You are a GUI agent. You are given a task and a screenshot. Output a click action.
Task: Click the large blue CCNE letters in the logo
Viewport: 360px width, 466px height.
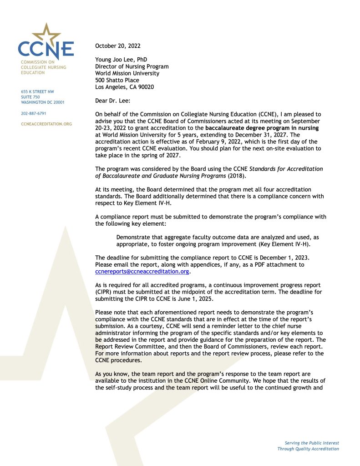(46, 49)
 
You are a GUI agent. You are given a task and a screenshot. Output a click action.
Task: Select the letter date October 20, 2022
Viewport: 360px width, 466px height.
(118, 46)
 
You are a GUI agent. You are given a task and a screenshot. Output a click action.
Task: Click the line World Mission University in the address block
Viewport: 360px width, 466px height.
(127, 73)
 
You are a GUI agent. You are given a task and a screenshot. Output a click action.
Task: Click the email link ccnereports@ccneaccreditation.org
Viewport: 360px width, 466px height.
(142, 272)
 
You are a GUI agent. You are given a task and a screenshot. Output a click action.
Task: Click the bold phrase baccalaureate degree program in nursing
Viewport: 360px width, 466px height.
(262, 128)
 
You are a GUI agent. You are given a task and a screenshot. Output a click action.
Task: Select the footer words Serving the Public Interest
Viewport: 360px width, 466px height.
(311, 443)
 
